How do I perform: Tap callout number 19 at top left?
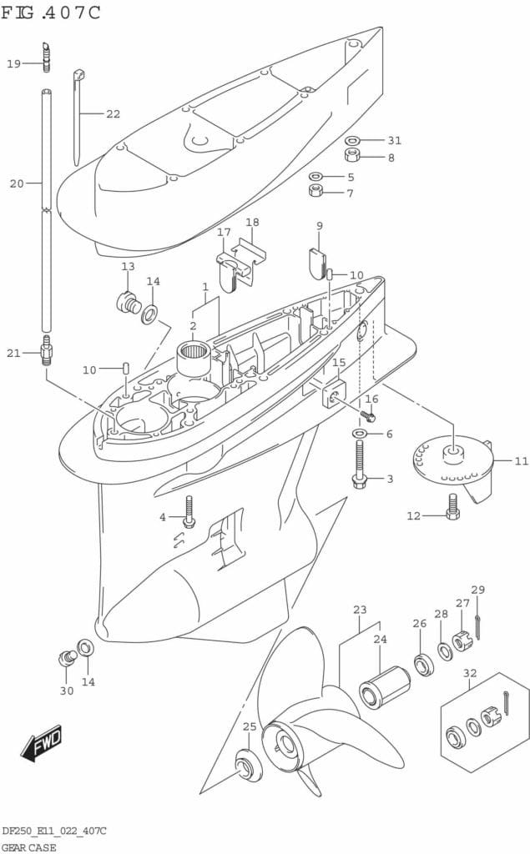tap(14, 63)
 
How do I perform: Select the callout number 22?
tap(113, 113)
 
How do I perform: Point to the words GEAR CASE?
tap(28, 846)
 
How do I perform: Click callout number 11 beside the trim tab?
tap(521, 460)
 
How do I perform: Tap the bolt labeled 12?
tap(452, 508)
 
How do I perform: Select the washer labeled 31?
tap(352, 141)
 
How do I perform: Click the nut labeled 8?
tap(352, 157)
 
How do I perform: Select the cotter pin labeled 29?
tap(477, 620)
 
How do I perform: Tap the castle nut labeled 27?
tap(463, 642)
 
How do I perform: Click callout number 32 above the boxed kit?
tap(470, 673)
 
